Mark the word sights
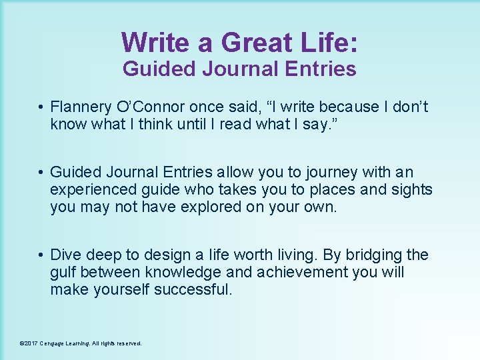point(413,189)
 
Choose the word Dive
point(65,255)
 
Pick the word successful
point(193,289)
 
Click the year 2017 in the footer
point(31,343)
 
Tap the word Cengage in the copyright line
point(52,343)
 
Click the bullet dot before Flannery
point(41,107)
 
